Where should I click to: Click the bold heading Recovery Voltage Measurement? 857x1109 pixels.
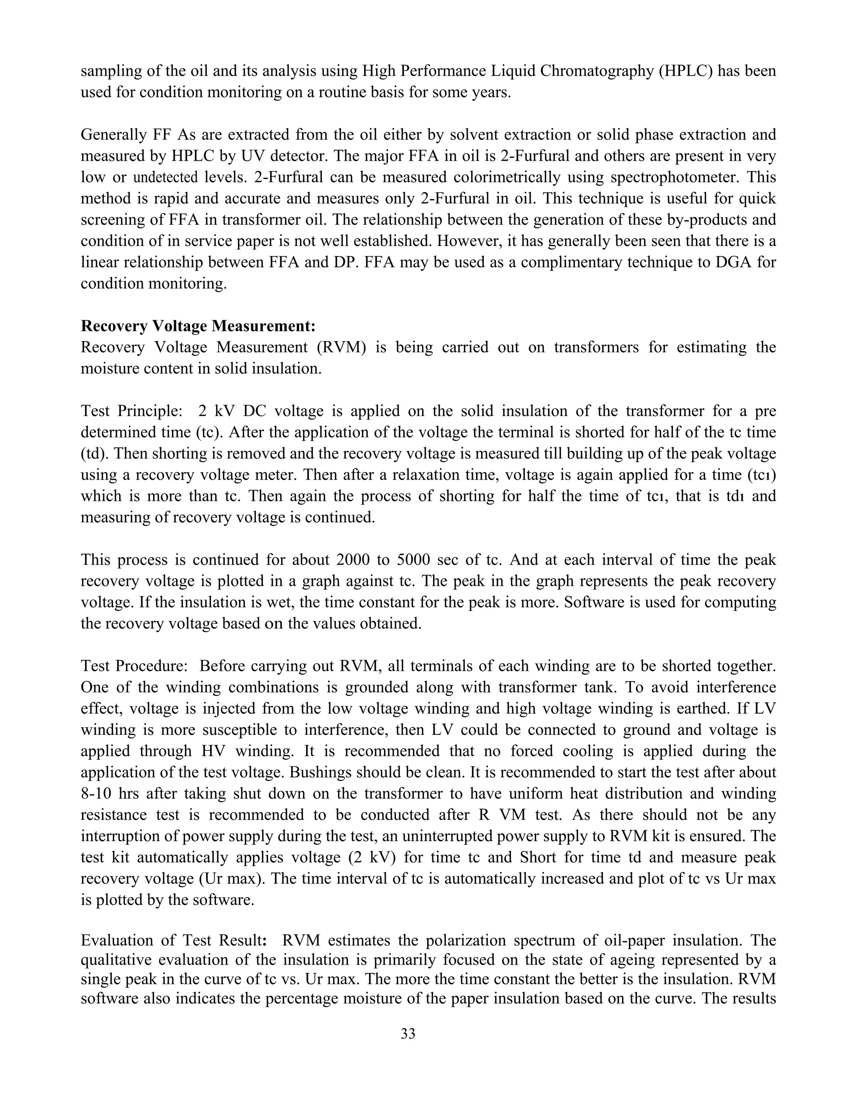(x=198, y=326)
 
